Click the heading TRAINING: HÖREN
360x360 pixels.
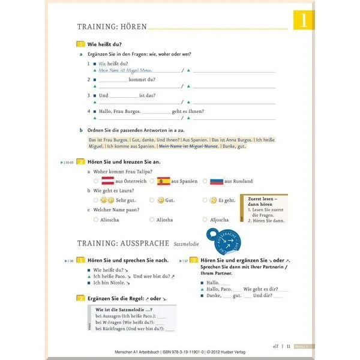[x=111, y=26]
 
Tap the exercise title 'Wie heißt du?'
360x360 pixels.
[x=104, y=44]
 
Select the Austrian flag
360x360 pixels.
[x=107, y=181]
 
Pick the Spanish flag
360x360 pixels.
[x=163, y=181]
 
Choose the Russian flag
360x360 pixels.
[x=216, y=181]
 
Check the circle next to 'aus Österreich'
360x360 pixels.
[x=95, y=181]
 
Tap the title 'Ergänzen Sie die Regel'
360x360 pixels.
[x=118, y=298]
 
